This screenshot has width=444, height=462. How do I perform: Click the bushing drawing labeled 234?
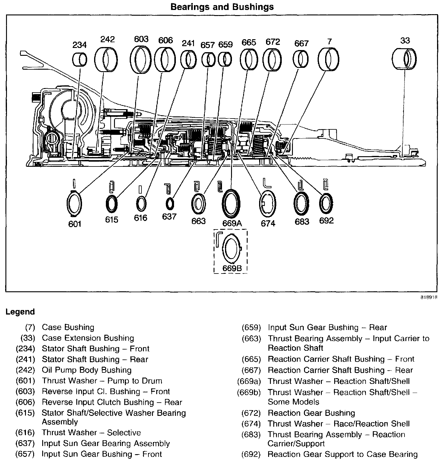(x=80, y=59)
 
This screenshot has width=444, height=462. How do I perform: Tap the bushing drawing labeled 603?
(x=141, y=59)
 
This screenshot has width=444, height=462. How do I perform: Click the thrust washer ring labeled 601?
(x=74, y=204)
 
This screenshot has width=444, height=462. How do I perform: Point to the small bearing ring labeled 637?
(x=170, y=204)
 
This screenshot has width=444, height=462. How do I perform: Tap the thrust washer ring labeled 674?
(x=268, y=204)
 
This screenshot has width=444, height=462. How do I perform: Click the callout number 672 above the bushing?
(x=273, y=42)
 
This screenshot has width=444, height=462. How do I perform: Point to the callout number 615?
(x=112, y=219)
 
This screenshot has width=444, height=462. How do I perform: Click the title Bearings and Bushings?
(x=222, y=7)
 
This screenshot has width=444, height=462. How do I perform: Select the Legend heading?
(x=20, y=312)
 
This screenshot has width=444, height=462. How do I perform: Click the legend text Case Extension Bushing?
(x=88, y=338)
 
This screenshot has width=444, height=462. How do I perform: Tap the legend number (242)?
(x=26, y=370)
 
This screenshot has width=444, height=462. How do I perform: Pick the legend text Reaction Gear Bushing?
(x=311, y=413)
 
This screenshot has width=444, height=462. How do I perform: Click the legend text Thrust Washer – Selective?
(x=91, y=432)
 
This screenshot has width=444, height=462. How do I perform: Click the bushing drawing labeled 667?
(x=301, y=59)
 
